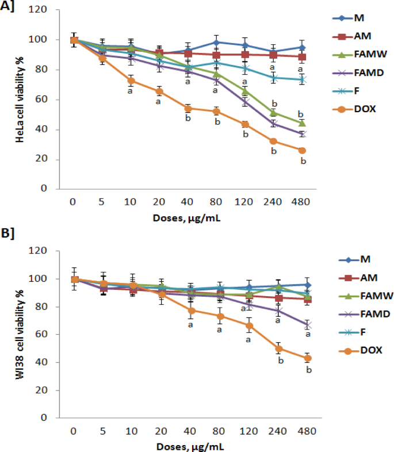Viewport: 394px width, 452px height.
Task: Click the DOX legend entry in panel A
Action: point(354,109)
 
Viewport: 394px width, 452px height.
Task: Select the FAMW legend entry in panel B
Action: point(366,296)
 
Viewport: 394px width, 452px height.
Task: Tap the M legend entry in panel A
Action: point(349,18)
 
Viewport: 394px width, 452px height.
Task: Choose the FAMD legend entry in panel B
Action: point(365,314)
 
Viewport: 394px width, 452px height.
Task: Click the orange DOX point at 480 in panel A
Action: point(302,151)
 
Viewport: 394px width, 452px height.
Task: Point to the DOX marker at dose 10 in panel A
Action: point(131,81)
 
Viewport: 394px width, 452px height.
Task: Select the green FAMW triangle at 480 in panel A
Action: point(302,123)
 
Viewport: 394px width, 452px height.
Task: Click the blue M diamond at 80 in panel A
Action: point(217,43)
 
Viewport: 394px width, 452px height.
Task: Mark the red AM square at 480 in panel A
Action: point(302,57)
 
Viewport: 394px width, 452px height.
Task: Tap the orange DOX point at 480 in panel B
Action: point(308,358)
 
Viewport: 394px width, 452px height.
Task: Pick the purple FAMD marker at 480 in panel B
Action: point(308,325)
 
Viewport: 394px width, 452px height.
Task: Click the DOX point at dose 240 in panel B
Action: point(278,349)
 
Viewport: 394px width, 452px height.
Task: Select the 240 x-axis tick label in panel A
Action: point(273,202)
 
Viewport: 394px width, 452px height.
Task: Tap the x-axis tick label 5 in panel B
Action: point(103,431)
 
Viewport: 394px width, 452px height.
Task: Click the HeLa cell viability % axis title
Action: point(20,99)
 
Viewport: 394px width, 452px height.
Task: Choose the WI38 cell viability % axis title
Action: point(20,334)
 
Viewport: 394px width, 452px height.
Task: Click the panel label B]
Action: point(7,233)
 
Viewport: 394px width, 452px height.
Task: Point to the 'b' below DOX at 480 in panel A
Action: point(303,161)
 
